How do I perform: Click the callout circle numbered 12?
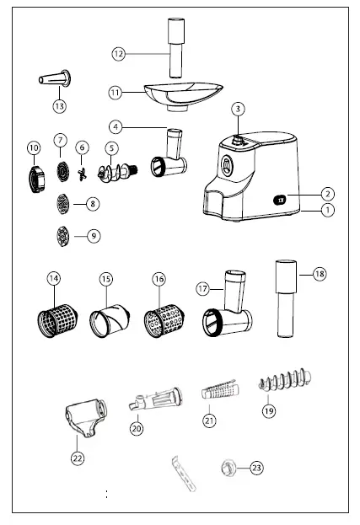[119, 53]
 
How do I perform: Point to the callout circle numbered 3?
[239, 108]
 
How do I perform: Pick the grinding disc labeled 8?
[60, 203]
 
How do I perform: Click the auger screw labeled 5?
[112, 172]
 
